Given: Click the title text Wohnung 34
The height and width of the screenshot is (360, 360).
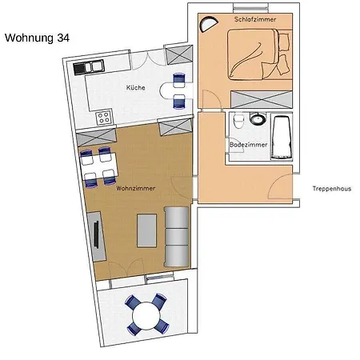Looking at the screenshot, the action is tap(37, 38).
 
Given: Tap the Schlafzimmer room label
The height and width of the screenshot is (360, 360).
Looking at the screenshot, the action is tap(255, 19).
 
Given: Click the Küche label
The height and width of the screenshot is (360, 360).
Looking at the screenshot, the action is tap(136, 87).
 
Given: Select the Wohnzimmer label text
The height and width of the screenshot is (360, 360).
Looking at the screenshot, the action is tap(136, 188).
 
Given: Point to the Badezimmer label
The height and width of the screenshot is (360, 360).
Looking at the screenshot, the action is tap(248, 145).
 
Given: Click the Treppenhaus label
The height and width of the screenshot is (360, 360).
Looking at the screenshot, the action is tap(332, 189).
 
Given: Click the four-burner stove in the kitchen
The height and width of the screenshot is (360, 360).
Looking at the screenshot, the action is tap(104, 118).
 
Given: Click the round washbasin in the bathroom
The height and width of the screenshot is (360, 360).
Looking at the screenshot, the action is tap(258, 118).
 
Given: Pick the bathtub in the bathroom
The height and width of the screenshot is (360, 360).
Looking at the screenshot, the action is tap(282, 138).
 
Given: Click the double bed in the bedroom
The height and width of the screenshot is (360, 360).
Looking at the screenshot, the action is tap(258, 54).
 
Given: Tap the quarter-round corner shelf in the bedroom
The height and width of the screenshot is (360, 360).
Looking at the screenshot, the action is tap(209, 24).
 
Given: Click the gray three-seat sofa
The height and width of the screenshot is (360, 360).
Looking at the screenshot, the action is tap(177, 237).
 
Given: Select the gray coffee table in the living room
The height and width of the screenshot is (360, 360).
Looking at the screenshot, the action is tap(146, 230).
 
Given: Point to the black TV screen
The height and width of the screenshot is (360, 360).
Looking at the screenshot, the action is tap(96, 234).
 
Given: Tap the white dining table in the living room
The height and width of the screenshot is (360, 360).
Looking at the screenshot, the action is tap(98, 166).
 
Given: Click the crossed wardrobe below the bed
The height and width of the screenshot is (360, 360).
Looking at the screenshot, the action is tap(262, 99).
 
